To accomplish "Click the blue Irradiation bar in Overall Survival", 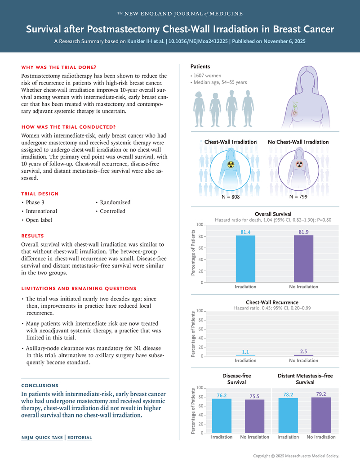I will click(245, 259).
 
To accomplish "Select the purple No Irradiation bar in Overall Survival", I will click(303, 259).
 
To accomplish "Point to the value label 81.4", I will click(245, 232).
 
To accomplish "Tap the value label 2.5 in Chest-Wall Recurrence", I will click(303, 351).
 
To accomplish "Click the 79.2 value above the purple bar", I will click(321, 394).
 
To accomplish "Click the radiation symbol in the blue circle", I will click(231, 164).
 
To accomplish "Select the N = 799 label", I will click(298, 197).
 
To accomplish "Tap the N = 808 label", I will click(231, 197).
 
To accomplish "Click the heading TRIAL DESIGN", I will click(40, 194).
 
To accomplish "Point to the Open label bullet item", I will click(39, 220).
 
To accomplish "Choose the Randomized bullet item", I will click(115, 202).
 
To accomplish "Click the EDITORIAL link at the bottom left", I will click(80, 437).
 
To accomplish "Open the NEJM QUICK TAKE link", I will click(42, 437).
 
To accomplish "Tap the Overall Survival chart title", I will click(273, 214).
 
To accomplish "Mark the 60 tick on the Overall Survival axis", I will click(199, 248).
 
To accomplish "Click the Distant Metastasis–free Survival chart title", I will click(305, 379).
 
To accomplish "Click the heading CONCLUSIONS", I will click(40, 385).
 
